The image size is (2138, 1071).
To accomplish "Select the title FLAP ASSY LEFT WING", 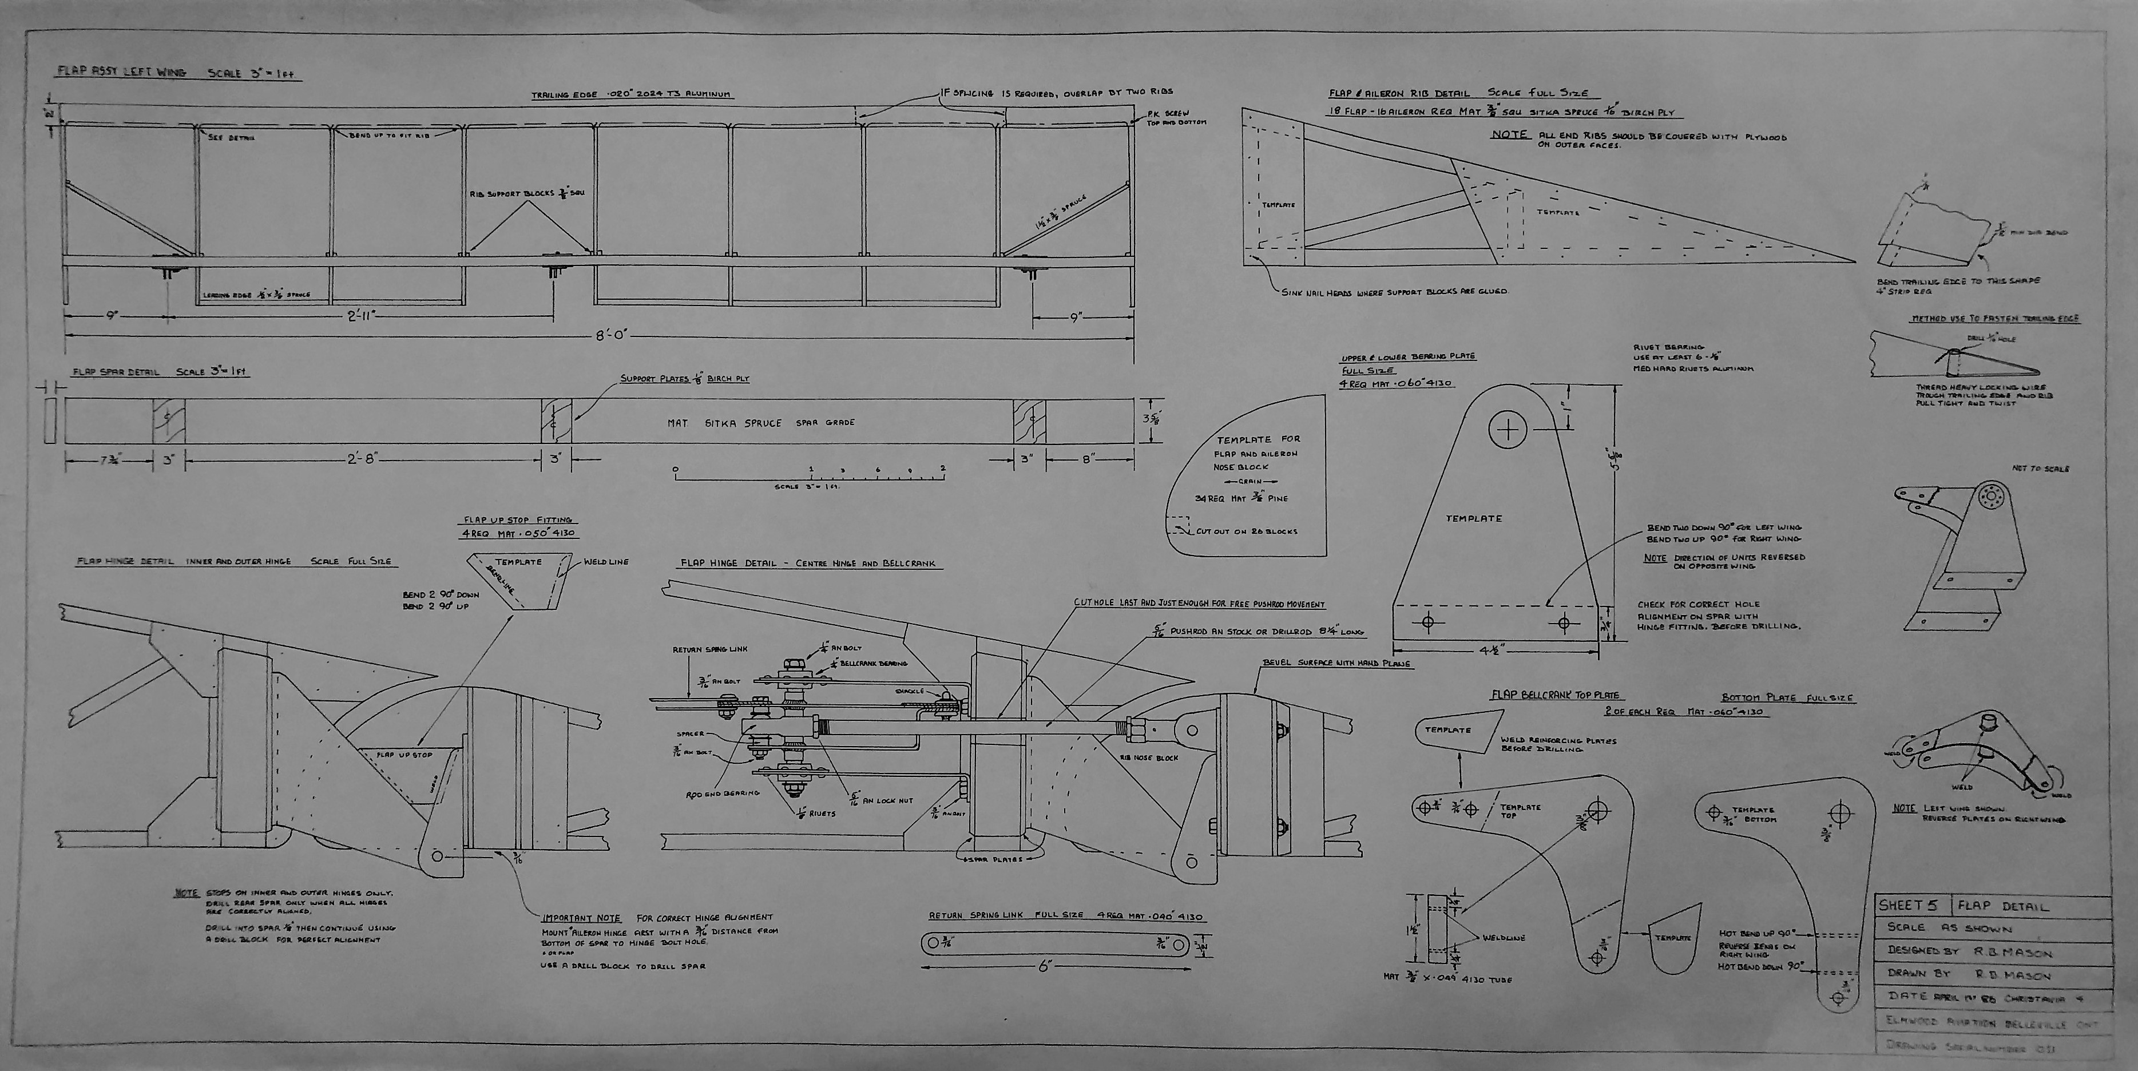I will [121, 72].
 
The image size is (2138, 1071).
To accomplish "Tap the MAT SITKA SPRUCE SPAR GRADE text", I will [760, 423].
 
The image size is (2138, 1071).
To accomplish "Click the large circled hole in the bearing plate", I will [1507, 429].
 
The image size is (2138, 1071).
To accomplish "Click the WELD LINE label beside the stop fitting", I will [606, 562].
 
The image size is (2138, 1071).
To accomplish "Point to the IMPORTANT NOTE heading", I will [581, 918].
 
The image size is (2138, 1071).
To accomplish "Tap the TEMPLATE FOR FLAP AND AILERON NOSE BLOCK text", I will [1258, 453].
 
